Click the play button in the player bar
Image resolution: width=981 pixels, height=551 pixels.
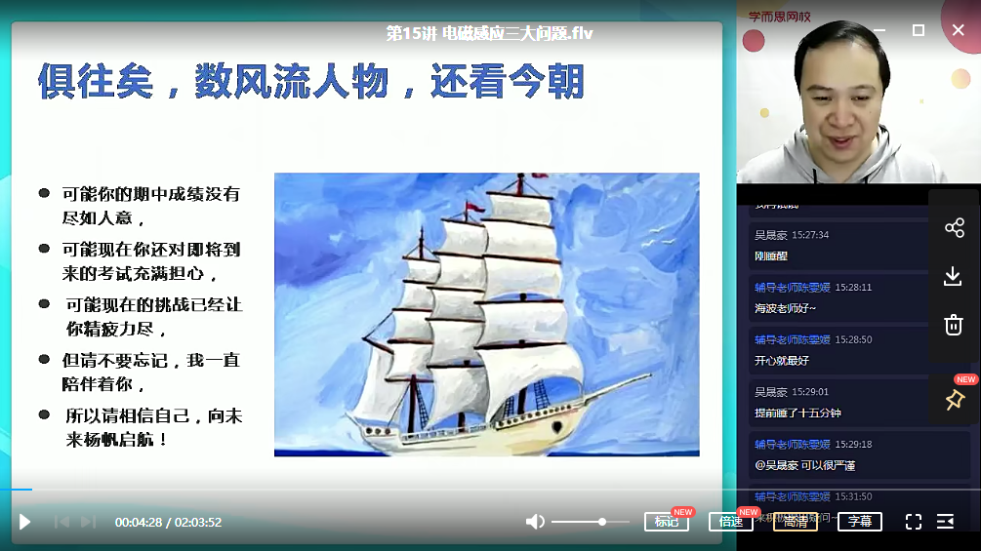[25, 522]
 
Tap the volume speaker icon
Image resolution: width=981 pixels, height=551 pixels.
[535, 522]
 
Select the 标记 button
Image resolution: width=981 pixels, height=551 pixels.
[667, 522]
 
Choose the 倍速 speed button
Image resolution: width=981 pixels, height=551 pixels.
[730, 522]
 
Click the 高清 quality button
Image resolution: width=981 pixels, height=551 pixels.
[795, 522]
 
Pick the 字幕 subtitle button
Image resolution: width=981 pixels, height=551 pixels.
[859, 522]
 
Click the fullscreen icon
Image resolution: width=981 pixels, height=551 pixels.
[913, 522]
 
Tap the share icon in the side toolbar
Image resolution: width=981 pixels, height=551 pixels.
[954, 228]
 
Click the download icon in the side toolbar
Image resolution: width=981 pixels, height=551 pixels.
[954, 276]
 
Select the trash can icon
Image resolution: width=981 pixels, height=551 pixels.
[954, 325]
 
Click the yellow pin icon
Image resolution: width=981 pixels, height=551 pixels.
[954, 399]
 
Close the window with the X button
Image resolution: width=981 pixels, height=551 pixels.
[958, 30]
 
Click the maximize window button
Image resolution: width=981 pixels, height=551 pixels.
[918, 30]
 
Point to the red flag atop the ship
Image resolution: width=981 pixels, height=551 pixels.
[470, 207]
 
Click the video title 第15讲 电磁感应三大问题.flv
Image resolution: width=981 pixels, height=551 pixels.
[489, 33]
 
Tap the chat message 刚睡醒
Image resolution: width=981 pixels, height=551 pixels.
[771, 256]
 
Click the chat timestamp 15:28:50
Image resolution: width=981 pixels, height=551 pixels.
[853, 339]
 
